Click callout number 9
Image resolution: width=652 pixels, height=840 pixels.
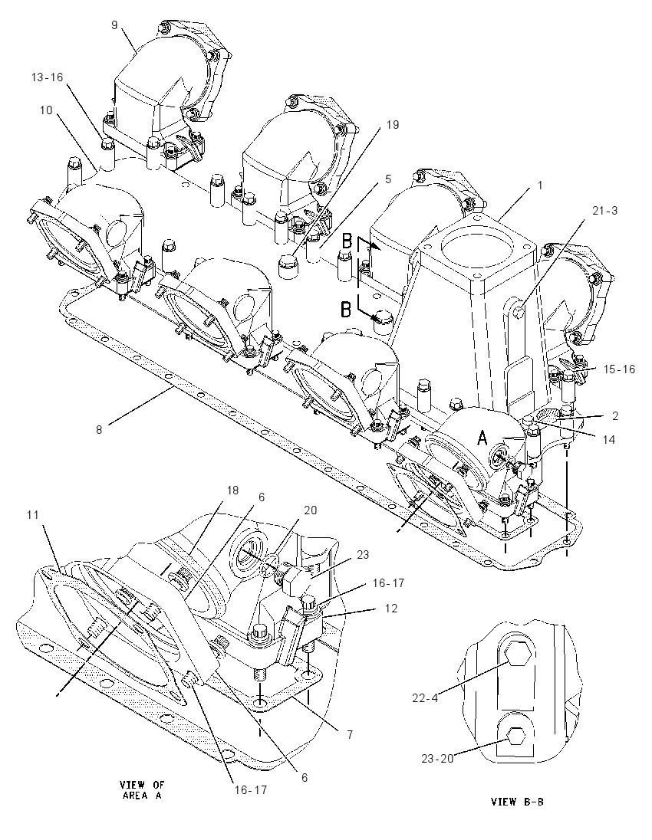pyautogui.click(x=115, y=25)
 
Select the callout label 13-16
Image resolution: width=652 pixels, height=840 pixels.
pyautogui.click(x=48, y=77)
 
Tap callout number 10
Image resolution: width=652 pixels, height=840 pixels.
pyautogui.click(x=46, y=110)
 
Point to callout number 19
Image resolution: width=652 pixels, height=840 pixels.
pyautogui.click(x=393, y=125)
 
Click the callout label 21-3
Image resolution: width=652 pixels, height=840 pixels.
pyautogui.click(x=604, y=211)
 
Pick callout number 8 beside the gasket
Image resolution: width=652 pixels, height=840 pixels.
pyautogui.click(x=99, y=430)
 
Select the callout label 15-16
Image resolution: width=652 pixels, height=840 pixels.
pyautogui.click(x=619, y=369)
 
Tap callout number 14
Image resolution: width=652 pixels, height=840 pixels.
pyautogui.click(x=608, y=440)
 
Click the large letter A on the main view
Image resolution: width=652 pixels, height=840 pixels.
pyautogui.click(x=482, y=438)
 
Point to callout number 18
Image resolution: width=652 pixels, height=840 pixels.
pyautogui.click(x=232, y=491)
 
